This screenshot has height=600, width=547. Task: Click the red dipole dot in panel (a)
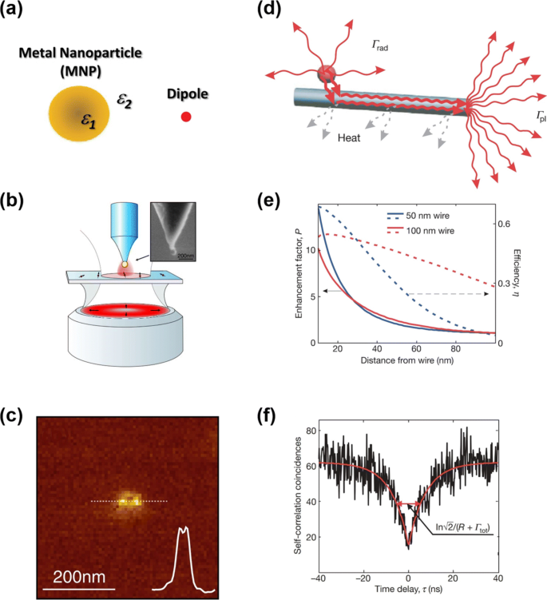pos(186,117)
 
